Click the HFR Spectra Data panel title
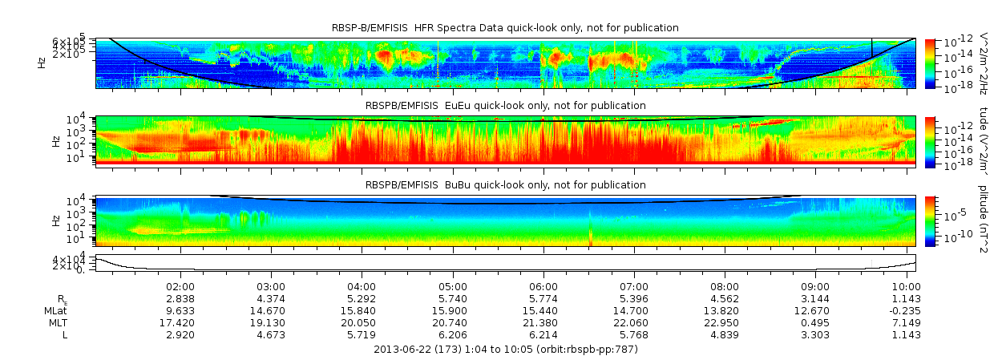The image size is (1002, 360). point(505,28)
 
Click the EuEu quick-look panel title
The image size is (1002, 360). point(505,106)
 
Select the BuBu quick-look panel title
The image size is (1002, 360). point(505,184)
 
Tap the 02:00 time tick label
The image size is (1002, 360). point(180,286)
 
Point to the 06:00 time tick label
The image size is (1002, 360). point(543,286)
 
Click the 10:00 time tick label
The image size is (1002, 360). point(906,286)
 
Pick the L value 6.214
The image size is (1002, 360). point(543,334)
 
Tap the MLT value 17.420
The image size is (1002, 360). point(180,322)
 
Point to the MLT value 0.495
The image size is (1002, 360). point(815,322)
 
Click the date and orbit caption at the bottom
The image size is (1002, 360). point(506,350)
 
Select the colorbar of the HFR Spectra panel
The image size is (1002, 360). point(931,63)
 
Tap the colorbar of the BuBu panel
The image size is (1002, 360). point(931,220)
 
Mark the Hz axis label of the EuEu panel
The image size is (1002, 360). point(55,141)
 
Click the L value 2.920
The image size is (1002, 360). point(180,334)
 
